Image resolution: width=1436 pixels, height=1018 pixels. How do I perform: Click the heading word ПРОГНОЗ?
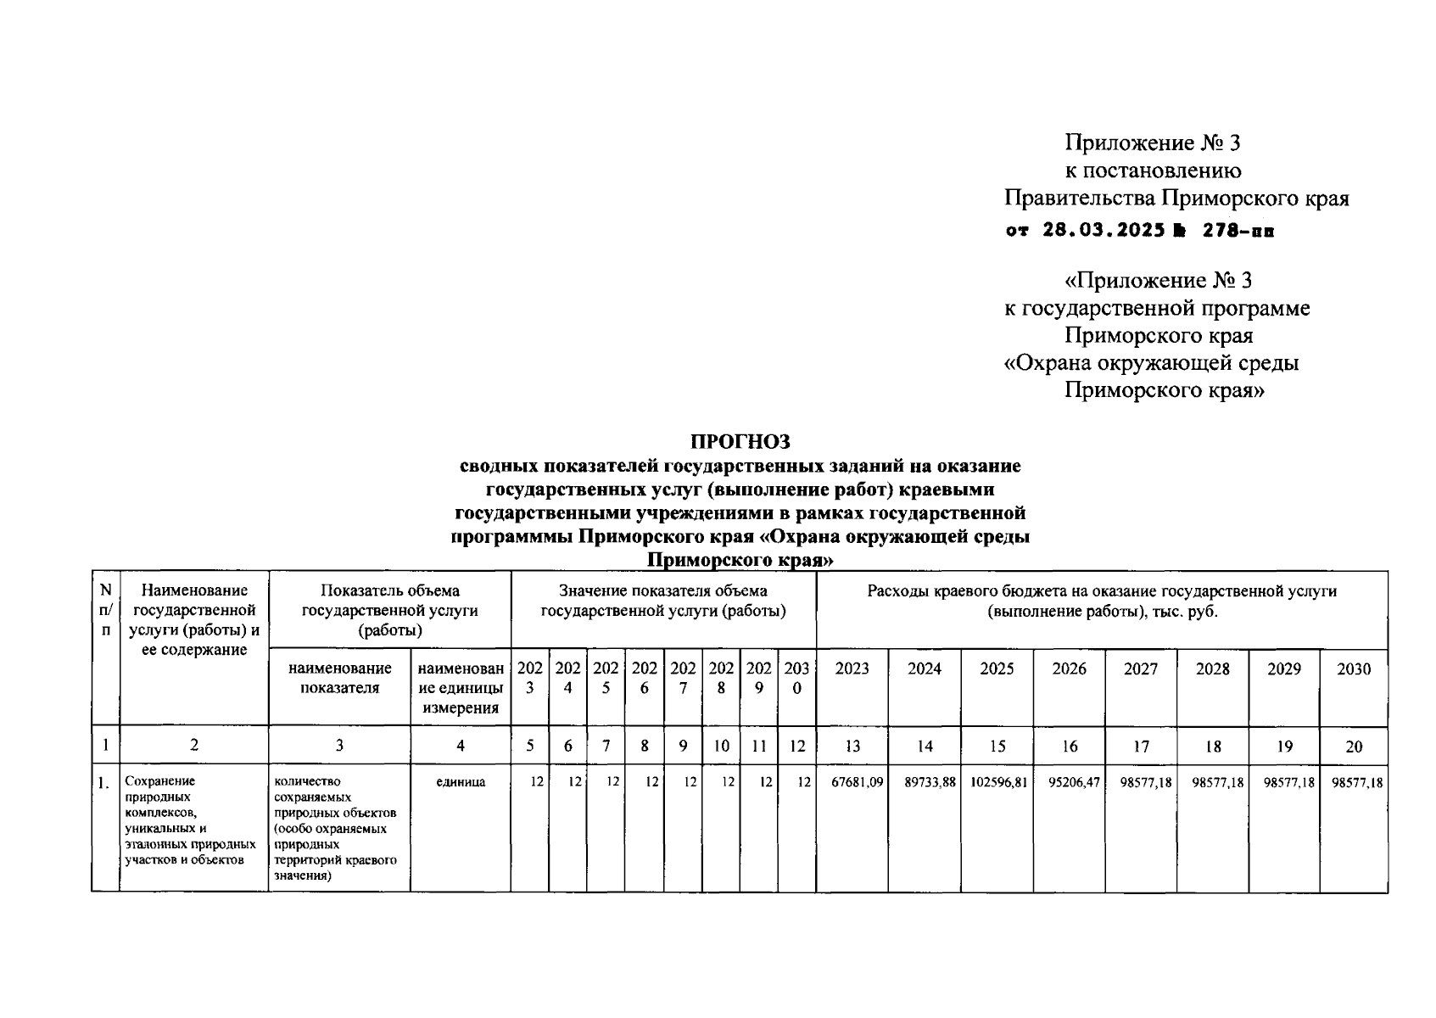(740, 441)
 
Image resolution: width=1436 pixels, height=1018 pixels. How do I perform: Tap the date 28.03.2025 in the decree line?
(1103, 230)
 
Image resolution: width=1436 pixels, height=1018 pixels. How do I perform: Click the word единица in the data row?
(461, 782)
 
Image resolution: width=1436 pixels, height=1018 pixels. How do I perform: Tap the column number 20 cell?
(1354, 747)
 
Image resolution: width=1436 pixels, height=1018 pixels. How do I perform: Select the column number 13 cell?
(852, 747)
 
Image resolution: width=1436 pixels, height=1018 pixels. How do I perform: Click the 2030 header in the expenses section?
(1354, 669)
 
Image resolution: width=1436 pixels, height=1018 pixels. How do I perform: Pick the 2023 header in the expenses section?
(852, 669)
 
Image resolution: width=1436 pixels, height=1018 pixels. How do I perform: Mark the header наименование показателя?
(339, 678)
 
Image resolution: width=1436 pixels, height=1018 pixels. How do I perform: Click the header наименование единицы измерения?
(461, 688)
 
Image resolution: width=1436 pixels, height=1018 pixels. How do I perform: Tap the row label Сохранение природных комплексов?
(190, 820)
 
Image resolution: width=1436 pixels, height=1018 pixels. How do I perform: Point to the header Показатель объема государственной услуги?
(390, 610)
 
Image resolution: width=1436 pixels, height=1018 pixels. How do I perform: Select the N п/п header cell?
(105, 610)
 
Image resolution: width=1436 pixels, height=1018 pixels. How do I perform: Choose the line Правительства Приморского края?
(1176, 199)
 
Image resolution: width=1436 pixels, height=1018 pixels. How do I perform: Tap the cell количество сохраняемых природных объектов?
(336, 828)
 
